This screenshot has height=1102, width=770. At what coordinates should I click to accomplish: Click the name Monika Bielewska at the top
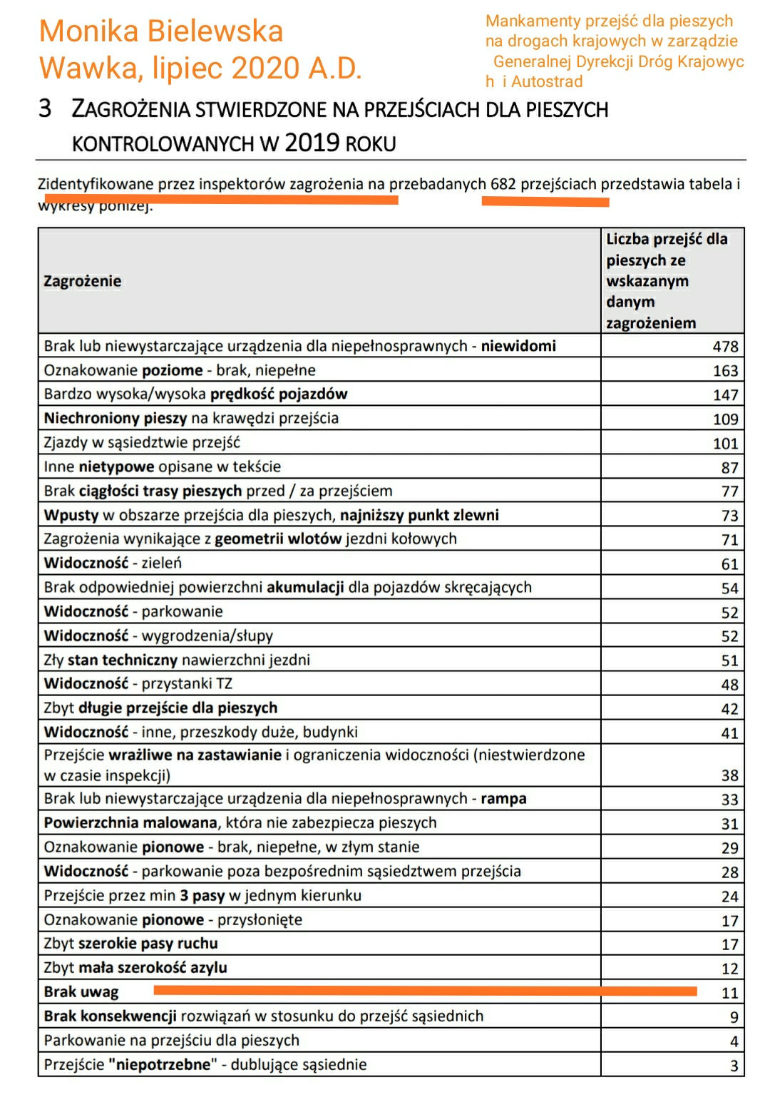coord(161,31)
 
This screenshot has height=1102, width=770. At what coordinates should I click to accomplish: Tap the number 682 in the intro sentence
coord(503,184)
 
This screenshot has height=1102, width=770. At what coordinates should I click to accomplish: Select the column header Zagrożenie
coord(83,281)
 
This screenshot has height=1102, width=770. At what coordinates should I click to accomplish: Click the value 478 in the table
coord(725,347)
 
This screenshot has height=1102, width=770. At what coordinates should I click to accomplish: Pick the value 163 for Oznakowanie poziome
coord(725,371)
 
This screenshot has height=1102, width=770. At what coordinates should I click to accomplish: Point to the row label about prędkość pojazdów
coord(195,394)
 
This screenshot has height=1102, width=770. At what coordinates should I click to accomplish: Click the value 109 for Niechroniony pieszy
coord(725,419)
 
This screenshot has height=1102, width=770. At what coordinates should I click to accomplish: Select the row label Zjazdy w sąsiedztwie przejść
coord(142,442)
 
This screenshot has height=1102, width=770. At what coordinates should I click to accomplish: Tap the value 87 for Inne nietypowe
coord(729,468)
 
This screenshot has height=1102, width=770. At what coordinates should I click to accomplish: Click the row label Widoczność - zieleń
coord(113,563)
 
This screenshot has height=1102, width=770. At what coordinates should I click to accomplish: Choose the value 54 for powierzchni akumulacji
coord(729,588)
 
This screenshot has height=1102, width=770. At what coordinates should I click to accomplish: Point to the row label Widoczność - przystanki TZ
coord(138,683)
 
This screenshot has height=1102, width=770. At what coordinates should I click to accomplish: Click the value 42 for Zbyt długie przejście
coord(729,709)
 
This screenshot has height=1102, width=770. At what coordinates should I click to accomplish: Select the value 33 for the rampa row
coord(729,800)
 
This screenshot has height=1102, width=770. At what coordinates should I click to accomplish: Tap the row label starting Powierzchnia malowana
coord(240,822)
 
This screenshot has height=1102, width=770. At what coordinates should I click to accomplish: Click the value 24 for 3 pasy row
coord(729,897)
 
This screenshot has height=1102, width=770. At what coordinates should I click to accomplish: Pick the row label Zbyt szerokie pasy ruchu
coord(130,943)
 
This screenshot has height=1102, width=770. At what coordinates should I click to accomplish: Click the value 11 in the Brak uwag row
coord(729,993)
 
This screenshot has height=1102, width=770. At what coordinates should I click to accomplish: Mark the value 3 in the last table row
coord(734,1066)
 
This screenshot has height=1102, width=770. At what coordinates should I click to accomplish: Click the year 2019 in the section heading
coord(312,143)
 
